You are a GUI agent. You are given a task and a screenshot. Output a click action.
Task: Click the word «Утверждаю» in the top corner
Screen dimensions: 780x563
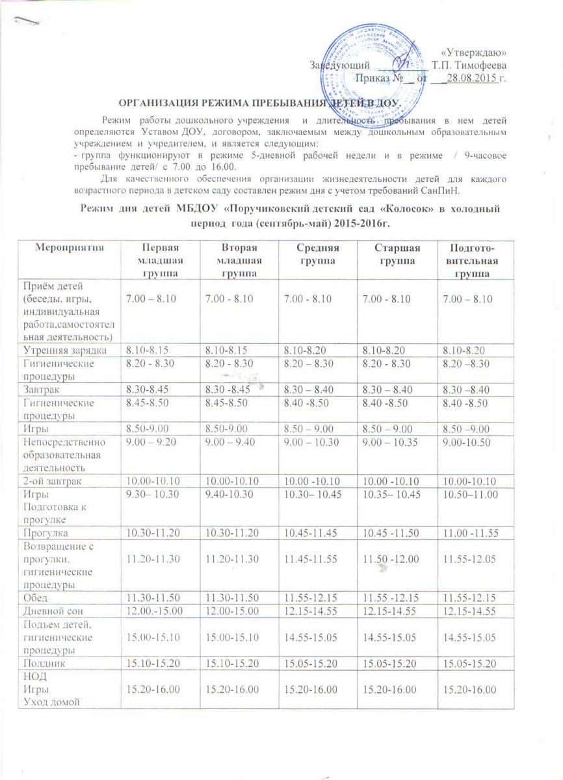tap(474, 52)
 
